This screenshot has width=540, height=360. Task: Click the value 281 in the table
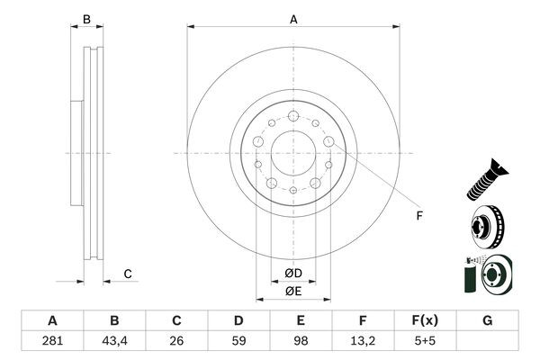[52, 342]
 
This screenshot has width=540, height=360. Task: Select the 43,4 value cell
[114, 342]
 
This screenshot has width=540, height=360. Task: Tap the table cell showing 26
[176, 342]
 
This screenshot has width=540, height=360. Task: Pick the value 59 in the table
[238, 342]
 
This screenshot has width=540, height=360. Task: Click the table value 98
[301, 342]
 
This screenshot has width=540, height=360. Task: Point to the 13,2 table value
[363, 342]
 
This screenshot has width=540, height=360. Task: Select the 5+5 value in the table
[425, 342]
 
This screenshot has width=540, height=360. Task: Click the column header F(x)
[425, 321]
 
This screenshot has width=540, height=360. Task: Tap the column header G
[487, 321]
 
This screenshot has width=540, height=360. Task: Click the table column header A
[52, 321]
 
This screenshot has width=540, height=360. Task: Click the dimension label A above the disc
[293, 18]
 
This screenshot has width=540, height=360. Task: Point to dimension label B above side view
[87, 19]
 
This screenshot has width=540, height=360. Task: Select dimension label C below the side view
[128, 274]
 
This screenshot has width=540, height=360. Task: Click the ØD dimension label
[293, 273]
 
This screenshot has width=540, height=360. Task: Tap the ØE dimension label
[293, 291]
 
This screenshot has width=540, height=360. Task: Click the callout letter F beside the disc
[418, 216]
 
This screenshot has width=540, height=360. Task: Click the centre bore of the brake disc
[293, 153]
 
